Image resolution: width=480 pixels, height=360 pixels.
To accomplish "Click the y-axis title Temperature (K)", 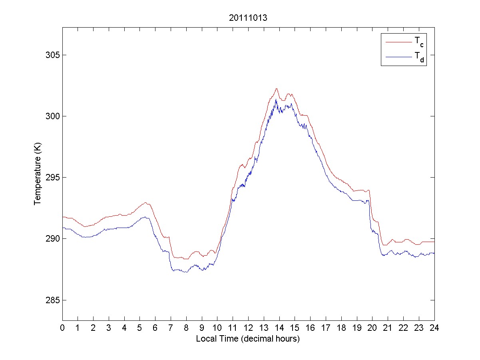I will pos(38,174).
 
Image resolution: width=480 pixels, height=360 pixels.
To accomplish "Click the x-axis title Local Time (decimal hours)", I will pos(248,339).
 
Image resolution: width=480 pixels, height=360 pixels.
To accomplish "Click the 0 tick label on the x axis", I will pos(62,328).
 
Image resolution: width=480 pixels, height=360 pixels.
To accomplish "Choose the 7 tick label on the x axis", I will pos(171,328).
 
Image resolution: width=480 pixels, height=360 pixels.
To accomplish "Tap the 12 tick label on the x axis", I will pos(248,328).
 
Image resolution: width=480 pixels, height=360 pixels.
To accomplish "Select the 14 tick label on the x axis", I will pos(279,328).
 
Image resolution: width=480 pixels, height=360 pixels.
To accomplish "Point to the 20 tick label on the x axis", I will pos(372,328).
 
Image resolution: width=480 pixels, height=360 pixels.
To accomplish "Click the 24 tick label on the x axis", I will pos(434,328).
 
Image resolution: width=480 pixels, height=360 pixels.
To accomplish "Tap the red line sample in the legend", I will pos(398,41).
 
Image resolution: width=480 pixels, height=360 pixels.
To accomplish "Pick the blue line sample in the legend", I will pos(398,57).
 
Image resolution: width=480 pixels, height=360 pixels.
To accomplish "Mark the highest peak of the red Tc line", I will pos(276,88).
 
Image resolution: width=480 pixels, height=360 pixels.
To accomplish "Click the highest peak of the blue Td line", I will pos(276,99).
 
